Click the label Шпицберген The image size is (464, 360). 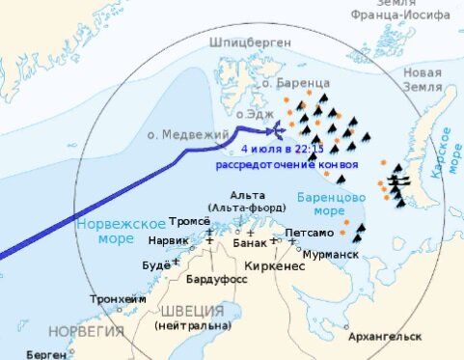click(246, 42)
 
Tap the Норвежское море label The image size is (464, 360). click(112, 229)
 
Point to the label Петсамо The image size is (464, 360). click(309, 233)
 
